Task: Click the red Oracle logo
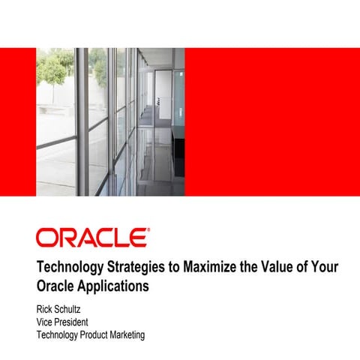(x=91, y=238)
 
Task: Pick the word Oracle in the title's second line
(x=56, y=286)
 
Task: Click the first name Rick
(x=46, y=308)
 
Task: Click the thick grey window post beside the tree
(x=81, y=120)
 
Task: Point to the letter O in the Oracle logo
(x=46, y=238)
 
